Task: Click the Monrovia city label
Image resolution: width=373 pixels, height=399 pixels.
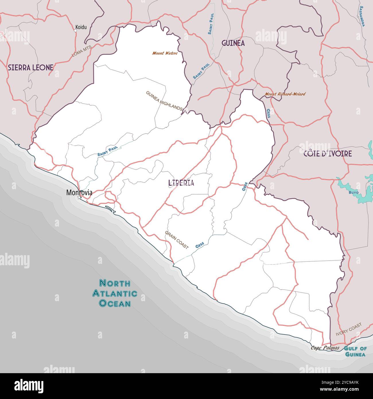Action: click(79, 193)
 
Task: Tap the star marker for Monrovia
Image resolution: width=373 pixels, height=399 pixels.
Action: click(79, 197)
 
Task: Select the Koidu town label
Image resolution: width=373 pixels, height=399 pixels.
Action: click(81, 28)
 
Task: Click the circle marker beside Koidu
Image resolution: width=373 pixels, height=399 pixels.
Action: click(75, 30)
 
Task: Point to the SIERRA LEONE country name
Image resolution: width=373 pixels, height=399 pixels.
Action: click(31, 67)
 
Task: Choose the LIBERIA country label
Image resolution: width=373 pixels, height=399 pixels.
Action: click(181, 183)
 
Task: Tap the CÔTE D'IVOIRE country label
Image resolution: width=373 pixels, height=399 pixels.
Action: click(328, 154)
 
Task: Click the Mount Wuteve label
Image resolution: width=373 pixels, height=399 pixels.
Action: click(165, 53)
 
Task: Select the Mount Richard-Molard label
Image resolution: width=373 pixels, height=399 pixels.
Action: click(285, 94)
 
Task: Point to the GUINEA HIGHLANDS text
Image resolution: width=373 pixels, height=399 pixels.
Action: click(164, 101)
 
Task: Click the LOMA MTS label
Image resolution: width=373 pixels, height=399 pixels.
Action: click(81, 51)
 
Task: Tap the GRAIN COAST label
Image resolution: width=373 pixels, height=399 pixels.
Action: click(177, 240)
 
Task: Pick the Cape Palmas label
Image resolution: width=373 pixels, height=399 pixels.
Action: click(325, 348)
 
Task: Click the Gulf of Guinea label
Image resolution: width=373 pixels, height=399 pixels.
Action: click(355, 351)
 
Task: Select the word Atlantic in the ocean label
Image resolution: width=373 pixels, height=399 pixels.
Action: click(114, 293)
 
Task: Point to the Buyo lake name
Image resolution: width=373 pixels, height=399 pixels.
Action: click(353, 192)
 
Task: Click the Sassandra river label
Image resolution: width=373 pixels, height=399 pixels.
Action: click(362, 16)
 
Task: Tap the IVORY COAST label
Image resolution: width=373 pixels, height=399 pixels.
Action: click(349, 330)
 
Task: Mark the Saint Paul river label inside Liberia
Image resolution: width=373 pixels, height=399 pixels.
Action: click(108, 152)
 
